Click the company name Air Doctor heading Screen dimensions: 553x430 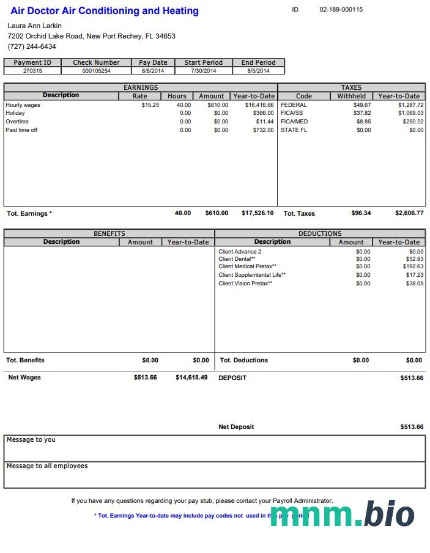pos(105,11)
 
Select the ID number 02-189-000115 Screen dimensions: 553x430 pos(341,10)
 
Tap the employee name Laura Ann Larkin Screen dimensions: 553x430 pos(34,26)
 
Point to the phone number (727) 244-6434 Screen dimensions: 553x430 pos(32,46)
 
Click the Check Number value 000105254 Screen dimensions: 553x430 pos(96,71)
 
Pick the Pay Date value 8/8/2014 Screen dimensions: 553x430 pos(153,71)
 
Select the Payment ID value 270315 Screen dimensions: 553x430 pos(32,71)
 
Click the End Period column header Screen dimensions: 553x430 pos(258,62)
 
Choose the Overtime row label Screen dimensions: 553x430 pos(17,122)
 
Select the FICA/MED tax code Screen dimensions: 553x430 pos(294,122)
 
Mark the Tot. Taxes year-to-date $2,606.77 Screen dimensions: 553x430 pos(409,213)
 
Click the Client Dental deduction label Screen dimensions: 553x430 pos(237,259)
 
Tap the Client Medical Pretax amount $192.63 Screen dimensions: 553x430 pos(413,266)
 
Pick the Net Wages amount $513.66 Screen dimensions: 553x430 pos(145,378)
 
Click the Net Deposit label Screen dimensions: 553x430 pos(236,427)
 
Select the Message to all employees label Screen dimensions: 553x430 pos(47,466)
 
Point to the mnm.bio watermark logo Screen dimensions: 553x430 pos(342,514)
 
